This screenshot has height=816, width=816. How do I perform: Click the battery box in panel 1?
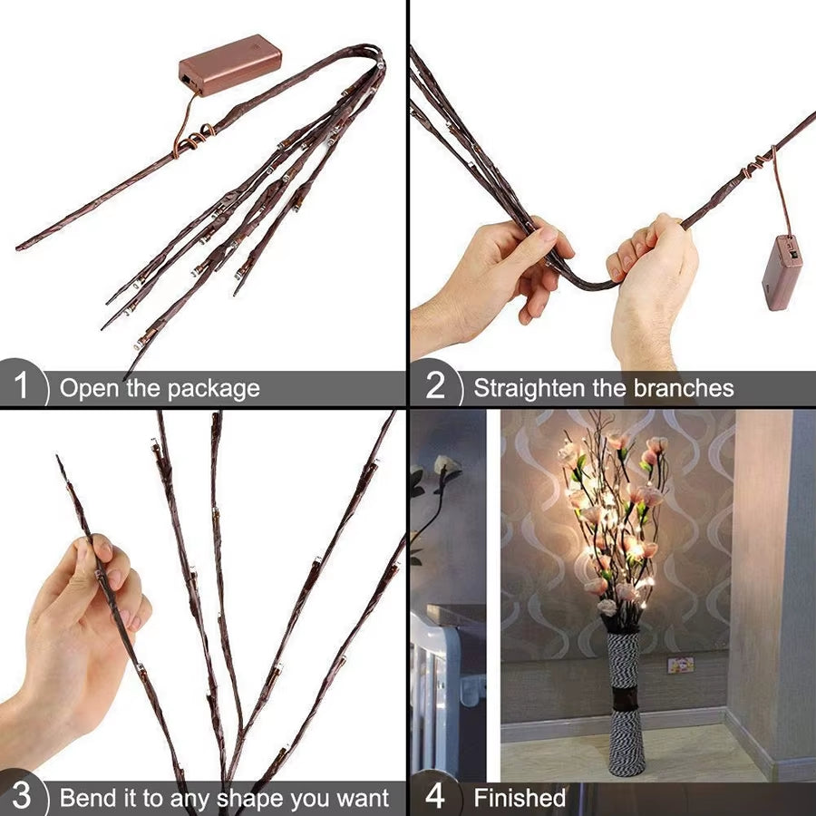229,64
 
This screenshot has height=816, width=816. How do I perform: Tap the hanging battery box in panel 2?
782,271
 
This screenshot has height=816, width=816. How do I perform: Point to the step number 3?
22,797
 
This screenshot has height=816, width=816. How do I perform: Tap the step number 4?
435,797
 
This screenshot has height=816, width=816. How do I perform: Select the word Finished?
520,798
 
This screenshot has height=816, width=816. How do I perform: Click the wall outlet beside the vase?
680,665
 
